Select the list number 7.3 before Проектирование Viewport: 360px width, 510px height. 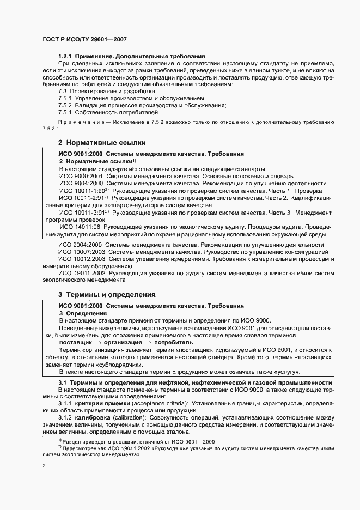pyautogui.click(x=63, y=92)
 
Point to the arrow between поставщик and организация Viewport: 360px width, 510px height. pyautogui.click(x=97, y=342)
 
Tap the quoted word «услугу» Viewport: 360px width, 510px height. pyautogui.click(x=285, y=372)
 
